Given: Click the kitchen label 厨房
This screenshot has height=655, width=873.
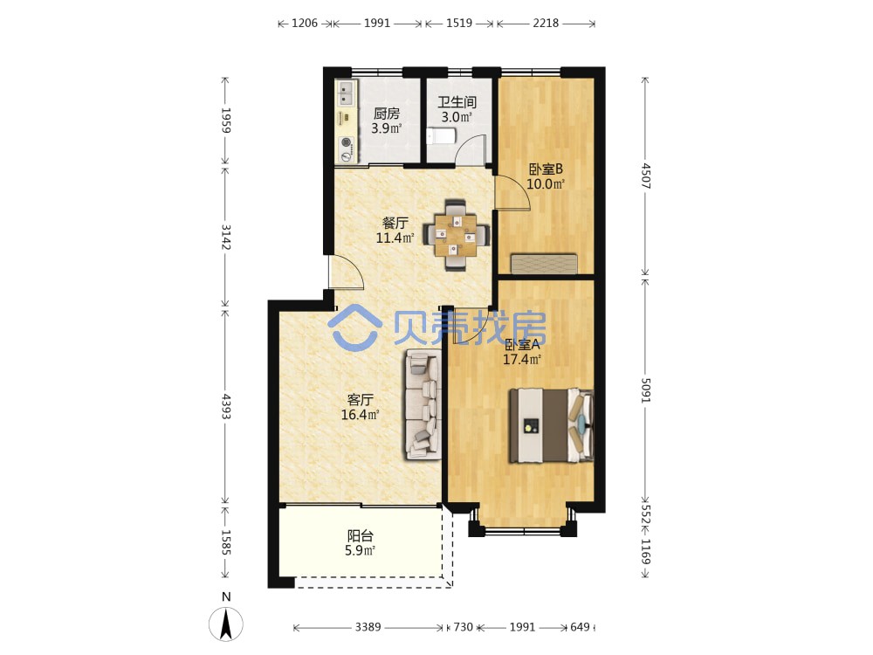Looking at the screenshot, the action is pos(387,114).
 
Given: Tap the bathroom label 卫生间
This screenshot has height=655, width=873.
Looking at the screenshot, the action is pos(457,102).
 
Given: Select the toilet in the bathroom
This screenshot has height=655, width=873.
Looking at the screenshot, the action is pos(441,136).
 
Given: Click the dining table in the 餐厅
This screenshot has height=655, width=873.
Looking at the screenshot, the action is pos(457,234).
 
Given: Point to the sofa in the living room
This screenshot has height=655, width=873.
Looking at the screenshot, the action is pos(423,404).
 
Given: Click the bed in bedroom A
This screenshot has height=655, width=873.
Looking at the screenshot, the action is pos(551,425).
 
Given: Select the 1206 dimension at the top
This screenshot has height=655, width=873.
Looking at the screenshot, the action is pos(305,23).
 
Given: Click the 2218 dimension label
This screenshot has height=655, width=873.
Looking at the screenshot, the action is pos(546,23).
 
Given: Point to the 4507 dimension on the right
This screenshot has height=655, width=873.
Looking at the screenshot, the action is pos(646,176).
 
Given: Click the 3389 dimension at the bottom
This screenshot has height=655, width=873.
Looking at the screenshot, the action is pos(368,627).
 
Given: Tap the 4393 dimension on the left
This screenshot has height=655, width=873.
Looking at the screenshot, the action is pos(226,407).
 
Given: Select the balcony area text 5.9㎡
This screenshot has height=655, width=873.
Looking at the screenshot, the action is pos(360,551).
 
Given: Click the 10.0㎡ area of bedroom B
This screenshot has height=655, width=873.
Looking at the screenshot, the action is pos(546,183).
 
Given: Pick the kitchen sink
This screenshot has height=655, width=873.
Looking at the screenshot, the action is pos(347,93).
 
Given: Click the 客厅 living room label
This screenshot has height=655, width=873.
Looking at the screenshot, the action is pos(360,400).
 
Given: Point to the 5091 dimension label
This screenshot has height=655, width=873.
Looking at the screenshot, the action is pos(646,391).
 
